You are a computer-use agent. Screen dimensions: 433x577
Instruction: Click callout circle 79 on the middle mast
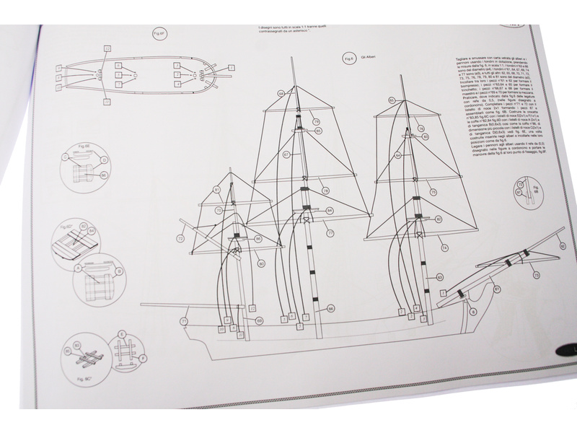(x=317, y=122)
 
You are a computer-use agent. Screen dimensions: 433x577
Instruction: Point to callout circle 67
(x=286, y=154)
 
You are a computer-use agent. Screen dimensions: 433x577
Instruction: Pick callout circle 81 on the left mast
(x=216, y=191)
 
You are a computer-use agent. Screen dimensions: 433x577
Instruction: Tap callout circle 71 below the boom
(x=185, y=320)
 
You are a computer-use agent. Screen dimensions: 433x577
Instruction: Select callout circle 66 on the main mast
(x=330, y=308)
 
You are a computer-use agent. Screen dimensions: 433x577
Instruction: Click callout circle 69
(x=260, y=320)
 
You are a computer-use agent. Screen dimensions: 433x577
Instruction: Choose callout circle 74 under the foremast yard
(x=446, y=248)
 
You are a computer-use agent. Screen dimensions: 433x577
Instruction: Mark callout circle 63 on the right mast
(x=440, y=277)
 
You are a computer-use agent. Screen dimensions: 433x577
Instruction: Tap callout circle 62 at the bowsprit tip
(x=563, y=246)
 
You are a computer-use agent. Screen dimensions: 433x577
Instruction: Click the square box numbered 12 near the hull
(x=252, y=308)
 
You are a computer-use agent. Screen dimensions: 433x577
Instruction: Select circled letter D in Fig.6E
(x=105, y=159)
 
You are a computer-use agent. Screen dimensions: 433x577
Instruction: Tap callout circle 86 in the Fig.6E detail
(x=103, y=175)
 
